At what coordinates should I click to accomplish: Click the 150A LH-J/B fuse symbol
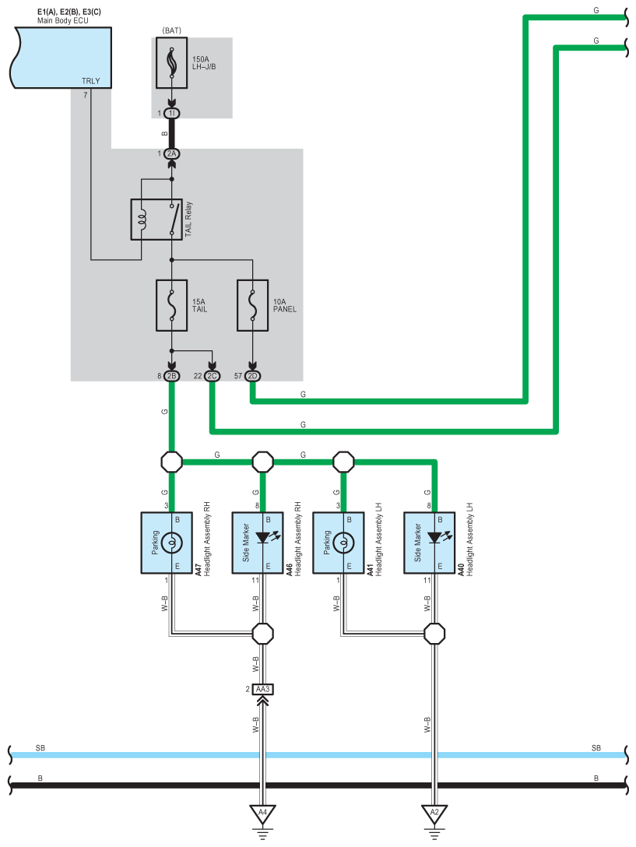[172, 62]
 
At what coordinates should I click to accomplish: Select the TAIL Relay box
[156, 220]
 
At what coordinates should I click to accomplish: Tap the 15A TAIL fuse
[172, 305]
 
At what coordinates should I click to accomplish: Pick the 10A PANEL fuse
[252, 305]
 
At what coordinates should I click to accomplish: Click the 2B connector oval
[172, 376]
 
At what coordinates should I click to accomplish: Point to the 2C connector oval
[213, 376]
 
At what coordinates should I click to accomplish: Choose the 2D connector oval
[252, 376]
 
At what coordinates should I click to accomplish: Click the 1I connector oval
[172, 114]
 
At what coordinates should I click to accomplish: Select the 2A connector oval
[172, 154]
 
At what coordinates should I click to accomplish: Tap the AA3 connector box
[262, 689]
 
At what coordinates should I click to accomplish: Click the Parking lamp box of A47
[167, 543]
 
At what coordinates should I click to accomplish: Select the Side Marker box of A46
[258, 543]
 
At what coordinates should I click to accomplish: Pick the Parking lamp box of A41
[339, 543]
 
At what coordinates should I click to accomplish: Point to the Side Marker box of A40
[430, 543]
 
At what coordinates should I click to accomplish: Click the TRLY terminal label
[91, 81]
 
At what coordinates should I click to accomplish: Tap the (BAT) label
[172, 31]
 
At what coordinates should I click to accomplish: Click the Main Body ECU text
[63, 20]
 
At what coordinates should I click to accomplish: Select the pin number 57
[237, 376]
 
